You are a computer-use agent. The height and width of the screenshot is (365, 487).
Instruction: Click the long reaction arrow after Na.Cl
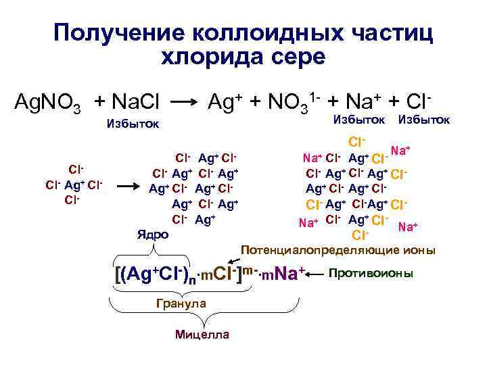point(182,104)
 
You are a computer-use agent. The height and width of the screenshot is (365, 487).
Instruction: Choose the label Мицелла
point(202,335)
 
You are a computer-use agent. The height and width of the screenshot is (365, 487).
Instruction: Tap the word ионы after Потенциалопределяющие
point(420,251)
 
